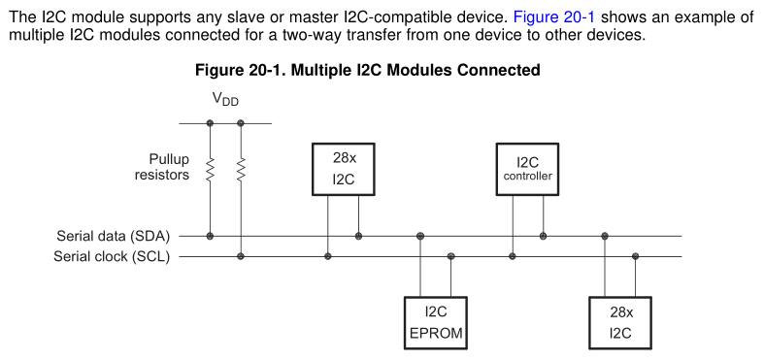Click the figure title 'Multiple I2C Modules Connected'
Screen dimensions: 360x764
pos(368,70)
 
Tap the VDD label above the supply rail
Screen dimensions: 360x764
pos(225,99)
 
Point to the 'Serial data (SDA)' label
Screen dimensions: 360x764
pos(114,236)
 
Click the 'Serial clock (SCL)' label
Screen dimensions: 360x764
pos(114,256)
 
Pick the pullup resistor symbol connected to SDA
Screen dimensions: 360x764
pos(210,171)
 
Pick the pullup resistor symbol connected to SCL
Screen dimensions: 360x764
pos(241,171)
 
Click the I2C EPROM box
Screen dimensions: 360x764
pos(435,323)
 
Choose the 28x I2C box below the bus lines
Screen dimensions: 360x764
pos(620,323)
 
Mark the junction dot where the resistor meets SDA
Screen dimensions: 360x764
pos(210,236)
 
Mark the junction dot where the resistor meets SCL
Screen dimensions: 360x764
pos(241,256)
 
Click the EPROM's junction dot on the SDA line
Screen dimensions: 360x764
pos(419,236)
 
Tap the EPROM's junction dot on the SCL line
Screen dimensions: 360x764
pos(450,256)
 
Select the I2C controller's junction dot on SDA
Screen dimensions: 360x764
pos(543,236)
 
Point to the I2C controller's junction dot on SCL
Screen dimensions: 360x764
pos(512,256)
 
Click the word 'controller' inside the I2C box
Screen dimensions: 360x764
pos(527,177)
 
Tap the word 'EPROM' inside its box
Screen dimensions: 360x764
pos(435,333)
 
